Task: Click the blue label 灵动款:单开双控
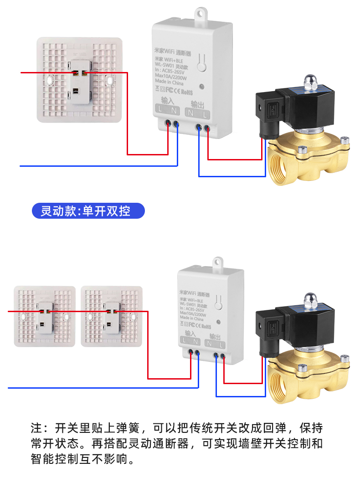coord(88,211)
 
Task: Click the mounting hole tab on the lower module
coord(217,262)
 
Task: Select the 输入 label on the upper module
coord(168,100)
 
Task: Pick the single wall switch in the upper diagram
coord(80,80)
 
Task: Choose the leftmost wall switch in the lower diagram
coord(45,316)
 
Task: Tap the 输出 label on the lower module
coord(215,336)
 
